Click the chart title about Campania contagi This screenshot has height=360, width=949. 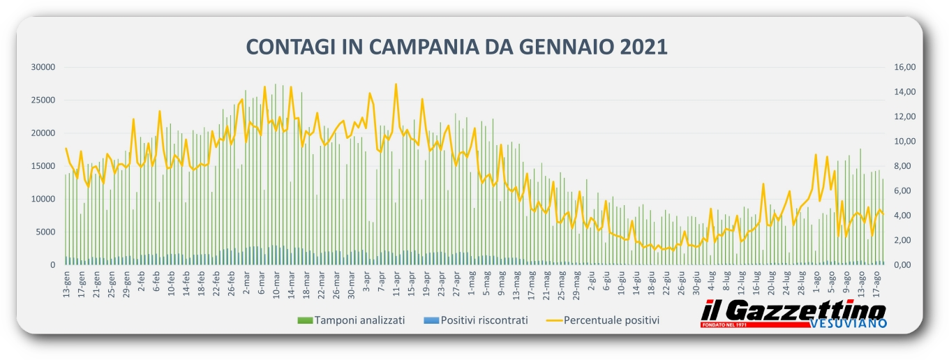tap(457, 47)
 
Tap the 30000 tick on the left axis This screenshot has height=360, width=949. tap(43, 67)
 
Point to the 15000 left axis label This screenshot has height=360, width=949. tap(43, 166)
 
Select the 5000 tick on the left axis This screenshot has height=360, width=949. tap(45, 232)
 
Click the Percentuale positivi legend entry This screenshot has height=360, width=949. tap(604, 320)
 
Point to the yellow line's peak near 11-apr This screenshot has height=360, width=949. tap(396, 84)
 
